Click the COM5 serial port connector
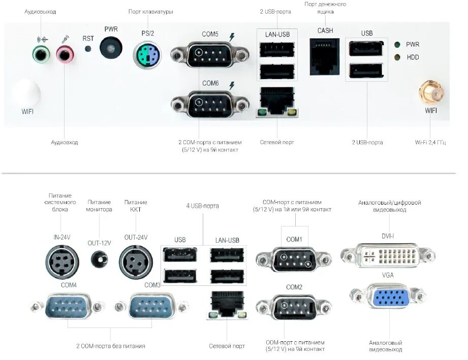click(x=209, y=54)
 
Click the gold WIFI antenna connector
click(x=430, y=94)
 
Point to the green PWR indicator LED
click(x=397, y=45)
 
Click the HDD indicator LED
click(x=397, y=57)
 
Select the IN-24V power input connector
click(x=63, y=262)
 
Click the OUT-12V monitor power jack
click(x=99, y=259)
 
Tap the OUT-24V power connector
click(x=136, y=262)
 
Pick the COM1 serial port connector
click(x=294, y=260)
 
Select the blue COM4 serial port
click(x=69, y=306)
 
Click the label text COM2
click(x=294, y=287)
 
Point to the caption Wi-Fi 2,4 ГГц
click(x=430, y=143)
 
